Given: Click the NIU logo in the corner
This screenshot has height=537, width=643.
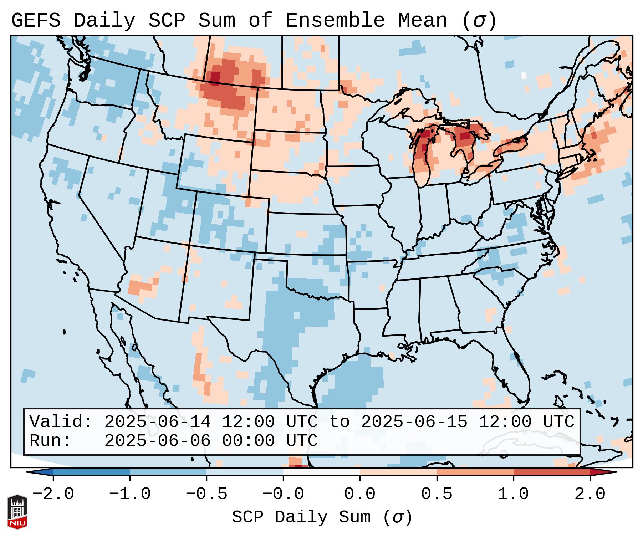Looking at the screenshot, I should point(17,512).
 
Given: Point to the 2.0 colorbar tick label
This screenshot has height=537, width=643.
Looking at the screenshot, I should point(590,494).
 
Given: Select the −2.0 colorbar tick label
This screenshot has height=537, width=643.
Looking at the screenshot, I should point(53,494).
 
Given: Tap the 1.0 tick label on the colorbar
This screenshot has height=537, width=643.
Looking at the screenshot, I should point(513,494).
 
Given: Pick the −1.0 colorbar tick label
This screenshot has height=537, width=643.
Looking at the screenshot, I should point(130,494).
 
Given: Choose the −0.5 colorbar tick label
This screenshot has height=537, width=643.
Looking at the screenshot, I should point(206,494).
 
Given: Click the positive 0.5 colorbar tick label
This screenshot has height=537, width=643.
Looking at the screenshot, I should point(437,494).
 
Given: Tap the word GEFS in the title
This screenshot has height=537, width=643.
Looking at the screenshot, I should point(36,21).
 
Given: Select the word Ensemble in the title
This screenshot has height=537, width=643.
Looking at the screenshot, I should point(335,21).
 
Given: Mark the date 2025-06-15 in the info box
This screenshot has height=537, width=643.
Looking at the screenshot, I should point(414,422).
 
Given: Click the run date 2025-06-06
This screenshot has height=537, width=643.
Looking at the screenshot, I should point(157,441).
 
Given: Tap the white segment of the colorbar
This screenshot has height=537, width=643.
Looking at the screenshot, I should point(321,472).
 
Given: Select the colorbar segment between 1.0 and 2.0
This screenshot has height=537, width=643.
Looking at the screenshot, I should point(552,472).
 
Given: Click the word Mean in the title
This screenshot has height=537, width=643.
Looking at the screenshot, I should point(423,21).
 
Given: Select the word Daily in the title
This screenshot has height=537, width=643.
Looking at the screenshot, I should point(104,21).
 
